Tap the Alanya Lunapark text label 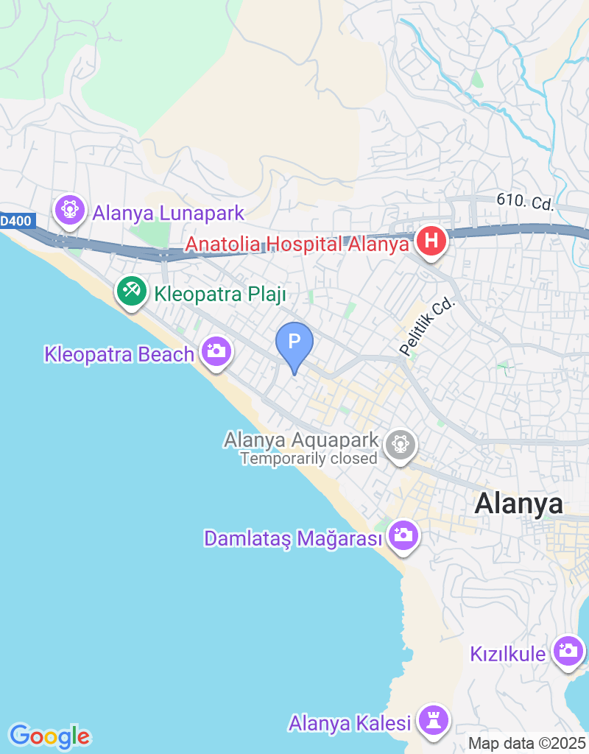(168, 214)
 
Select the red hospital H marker (431, 242)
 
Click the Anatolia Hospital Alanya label (297, 244)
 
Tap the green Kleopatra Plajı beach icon (132, 291)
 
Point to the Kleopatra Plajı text (219, 295)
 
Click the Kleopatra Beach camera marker (216, 351)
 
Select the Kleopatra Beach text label (119, 354)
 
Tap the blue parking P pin (294, 343)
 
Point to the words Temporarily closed (308, 459)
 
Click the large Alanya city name (518, 504)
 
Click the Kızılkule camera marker (568, 651)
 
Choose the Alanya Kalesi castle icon (433, 719)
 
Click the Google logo (49, 736)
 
